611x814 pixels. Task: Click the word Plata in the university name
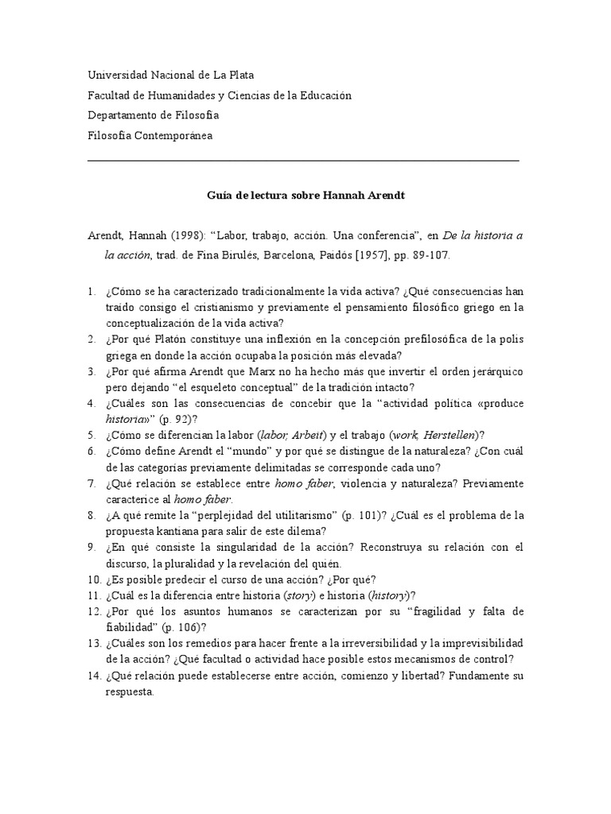[239, 76]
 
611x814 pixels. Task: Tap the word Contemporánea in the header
[174, 136]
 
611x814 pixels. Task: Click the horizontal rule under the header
[303, 161]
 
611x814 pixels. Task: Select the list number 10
[93, 579]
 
